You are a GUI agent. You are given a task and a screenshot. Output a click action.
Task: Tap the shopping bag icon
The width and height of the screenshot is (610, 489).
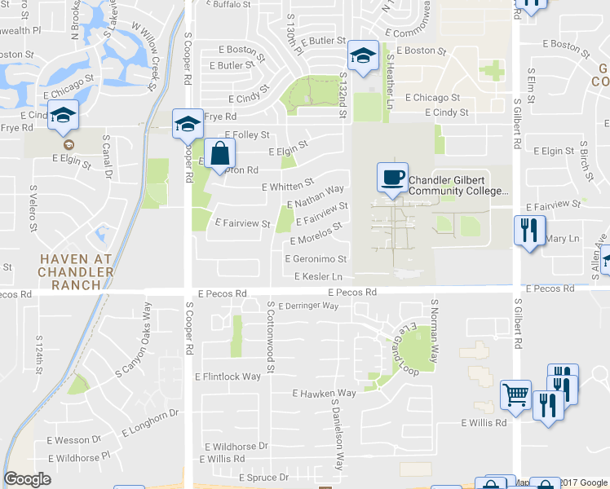pyautogui.click(x=220, y=152)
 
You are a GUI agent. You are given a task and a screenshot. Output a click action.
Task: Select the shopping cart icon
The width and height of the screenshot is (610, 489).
pyautogui.click(x=515, y=395)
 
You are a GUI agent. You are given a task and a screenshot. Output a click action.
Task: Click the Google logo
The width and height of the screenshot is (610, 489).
pyautogui.click(x=27, y=479)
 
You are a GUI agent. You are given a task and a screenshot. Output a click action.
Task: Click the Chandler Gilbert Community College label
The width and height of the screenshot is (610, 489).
pyautogui.click(x=457, y=186)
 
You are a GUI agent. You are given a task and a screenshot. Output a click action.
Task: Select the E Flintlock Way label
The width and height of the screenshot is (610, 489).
pyautogui.click(x=228, y=377)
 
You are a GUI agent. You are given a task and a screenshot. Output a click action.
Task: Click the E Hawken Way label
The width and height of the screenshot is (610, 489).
pyautogui.click(x=325, y=393)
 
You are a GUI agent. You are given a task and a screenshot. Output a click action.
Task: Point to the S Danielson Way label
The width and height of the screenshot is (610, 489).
pyautogui.click(x=335, y=434)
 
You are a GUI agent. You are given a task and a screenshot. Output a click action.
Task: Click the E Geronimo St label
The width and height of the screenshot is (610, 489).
pyautogui.click(x=316, y=259)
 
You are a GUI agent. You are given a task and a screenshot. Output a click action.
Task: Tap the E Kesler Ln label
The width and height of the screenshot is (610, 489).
pyautogui.click(x=318, y=276)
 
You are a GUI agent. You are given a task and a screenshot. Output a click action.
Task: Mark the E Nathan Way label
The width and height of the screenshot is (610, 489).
pyautogui.click(x=315, y=196)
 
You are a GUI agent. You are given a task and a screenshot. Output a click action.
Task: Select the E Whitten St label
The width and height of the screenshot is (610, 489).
pyautogui.click(x=288, y=185)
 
